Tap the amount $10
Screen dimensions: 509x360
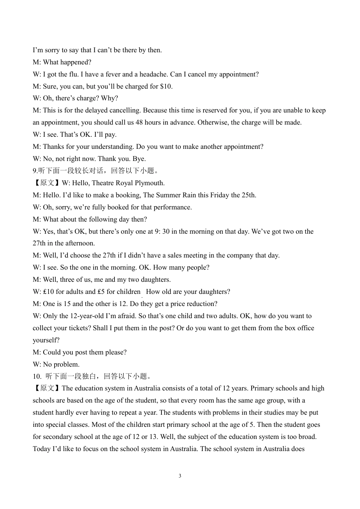click(166, 86)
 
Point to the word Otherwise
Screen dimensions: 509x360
click(213, 122)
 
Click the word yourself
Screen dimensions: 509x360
click(46, 340)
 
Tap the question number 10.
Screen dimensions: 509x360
click(37, 376)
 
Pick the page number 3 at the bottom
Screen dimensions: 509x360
click(180, 476)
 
